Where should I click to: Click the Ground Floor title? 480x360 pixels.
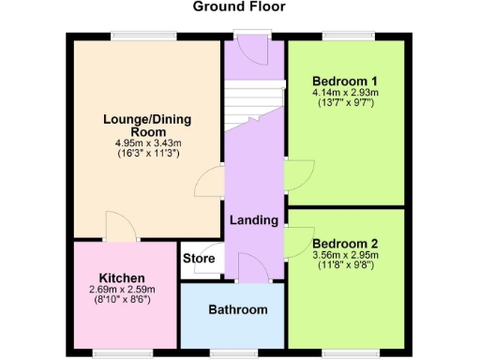point(239,7)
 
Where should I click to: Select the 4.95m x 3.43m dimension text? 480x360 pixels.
point(145,142)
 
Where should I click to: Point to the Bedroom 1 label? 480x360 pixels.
point(345,81)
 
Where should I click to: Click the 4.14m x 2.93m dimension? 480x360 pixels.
point(345,93)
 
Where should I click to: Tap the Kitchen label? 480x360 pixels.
point(122,278)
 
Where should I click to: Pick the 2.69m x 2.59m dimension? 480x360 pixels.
point(122,291)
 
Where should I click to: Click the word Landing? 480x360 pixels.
point(254,221)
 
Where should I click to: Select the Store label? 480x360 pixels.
point(199,259)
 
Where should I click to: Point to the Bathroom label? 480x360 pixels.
point(237,309)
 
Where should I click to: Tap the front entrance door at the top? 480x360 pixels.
point(253,47)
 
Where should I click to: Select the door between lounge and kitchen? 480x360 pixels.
point(119,225)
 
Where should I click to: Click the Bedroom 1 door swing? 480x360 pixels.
point(297,172)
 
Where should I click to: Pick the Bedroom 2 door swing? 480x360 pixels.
point(298,238)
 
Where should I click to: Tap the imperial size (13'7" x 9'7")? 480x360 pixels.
point(345,103)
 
